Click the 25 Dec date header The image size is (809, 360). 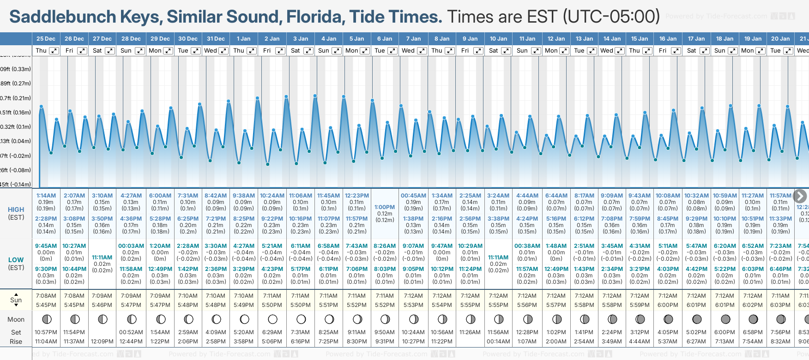[x=46, y=39]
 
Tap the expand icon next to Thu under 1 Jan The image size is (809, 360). [x=252, y=51]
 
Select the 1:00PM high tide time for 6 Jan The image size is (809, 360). [x=385, y=207]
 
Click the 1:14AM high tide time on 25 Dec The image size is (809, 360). [x=46, y=196]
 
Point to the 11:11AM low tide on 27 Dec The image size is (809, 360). [x=102, y=258]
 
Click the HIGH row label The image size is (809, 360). [x=16, y=210]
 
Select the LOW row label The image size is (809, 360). [x=16, y=260]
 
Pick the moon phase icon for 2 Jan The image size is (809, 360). [x=272, y=319]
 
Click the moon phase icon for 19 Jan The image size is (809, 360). [x=753, y=319]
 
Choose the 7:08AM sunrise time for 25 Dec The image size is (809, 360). [x=46, y=296]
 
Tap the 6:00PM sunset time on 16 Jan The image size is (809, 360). [x=668, y=305]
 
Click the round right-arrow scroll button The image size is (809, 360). [x=800, y=196]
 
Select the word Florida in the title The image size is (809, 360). [x=315, y=17]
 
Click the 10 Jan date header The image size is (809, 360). [x=498, y=39]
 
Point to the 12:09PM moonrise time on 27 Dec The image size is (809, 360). [x=102, y=342]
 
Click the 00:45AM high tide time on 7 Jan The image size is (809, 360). [x=413, y=196]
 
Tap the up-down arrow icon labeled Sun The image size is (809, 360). [x=16, y=300]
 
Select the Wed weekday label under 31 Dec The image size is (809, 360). [x=211, y=51]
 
